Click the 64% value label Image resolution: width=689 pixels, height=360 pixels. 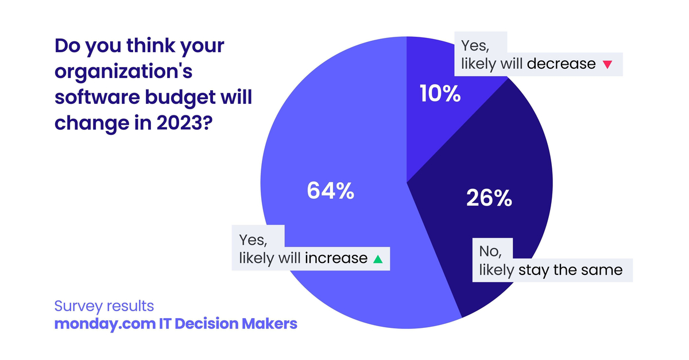click(330, 191)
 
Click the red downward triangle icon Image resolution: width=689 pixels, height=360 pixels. click(607, 64)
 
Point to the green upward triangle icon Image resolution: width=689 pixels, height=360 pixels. click(377, 259)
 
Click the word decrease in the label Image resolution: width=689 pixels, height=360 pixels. click(561, 64)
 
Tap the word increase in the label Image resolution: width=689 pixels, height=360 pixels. click(336, 258)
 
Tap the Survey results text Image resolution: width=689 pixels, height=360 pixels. click(104, 305)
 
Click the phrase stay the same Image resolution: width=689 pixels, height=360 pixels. click(570, 270)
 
